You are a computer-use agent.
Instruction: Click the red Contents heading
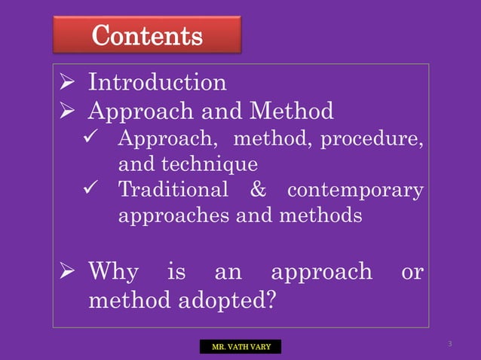click(146, 35)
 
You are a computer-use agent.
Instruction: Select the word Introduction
click(157, 81)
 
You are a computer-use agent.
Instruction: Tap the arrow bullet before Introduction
click(66, 82)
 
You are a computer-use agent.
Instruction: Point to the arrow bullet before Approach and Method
click(66, 112)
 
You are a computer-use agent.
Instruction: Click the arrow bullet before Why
click(66, 272)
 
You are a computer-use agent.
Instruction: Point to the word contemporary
click(355, 190)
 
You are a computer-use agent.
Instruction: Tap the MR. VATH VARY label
click(240, 346)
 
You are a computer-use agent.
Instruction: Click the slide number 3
click(449, 344)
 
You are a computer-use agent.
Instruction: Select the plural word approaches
click(174, 216)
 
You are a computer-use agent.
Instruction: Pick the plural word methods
click(315, 215)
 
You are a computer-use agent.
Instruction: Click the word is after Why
click(176, 272)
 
